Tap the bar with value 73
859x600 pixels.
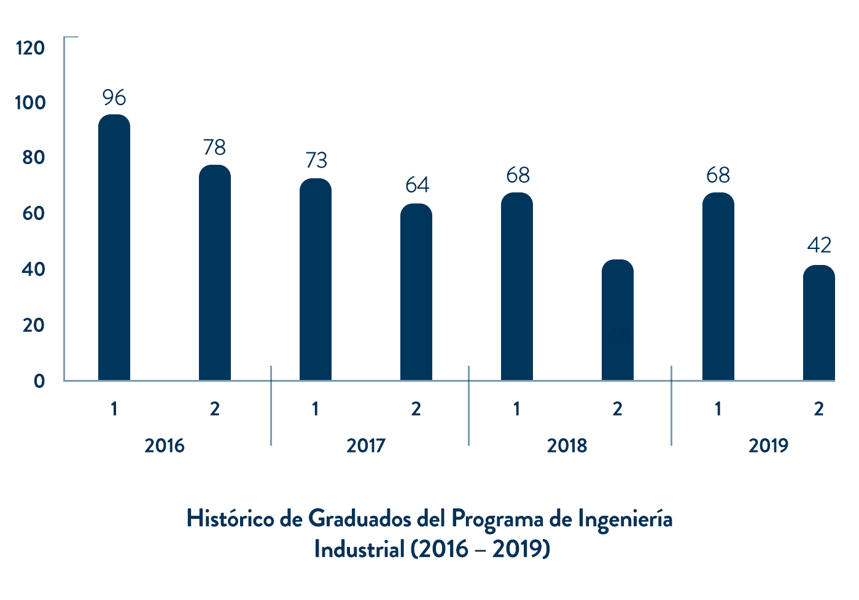tap(316, 279)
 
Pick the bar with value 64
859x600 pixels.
tap(416, 292)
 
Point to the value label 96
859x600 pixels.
tap(114, 98)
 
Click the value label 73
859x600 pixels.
tap(316, 160)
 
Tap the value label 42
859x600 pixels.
tap(819, 246)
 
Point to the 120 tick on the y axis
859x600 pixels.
tap(31, 48)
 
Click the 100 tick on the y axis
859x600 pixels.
tap(31, 103)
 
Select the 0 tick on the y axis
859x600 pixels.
tap(39, 381)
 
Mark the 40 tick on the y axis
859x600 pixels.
tap(33, 269)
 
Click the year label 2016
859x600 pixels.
tap(165, 446)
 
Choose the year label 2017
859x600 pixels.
tap(366, 446)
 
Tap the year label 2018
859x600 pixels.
tap(567, 446)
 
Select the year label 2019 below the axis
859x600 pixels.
tap(768, 446)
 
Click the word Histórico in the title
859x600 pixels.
tap(230, 519)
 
